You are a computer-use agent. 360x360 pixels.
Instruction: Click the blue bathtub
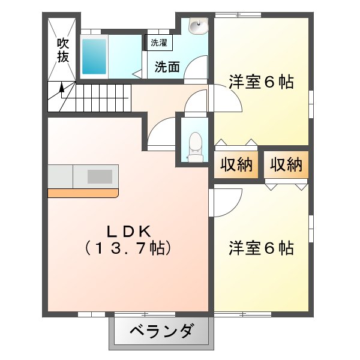(94, 56)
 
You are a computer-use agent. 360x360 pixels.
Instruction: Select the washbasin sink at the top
(198, 26)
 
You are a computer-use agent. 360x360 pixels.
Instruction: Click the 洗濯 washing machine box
(158, 43)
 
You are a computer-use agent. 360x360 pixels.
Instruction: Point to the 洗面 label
(167, 67)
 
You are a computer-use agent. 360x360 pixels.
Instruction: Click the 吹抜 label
(62, 50)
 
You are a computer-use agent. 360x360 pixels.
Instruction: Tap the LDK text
(129, 232)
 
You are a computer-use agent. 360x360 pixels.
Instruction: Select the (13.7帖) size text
(128, 248)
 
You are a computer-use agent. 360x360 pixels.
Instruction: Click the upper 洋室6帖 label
(261, 82)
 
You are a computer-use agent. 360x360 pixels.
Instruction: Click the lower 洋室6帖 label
(261, 248)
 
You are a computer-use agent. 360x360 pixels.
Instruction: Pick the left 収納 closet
(236, 164)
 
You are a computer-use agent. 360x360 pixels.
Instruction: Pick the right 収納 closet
(286, 164)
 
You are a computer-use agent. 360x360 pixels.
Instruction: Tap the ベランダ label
(161, 331)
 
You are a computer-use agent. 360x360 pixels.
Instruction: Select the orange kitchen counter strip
(83, 193)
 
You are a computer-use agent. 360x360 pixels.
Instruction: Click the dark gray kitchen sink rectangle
(100, 176)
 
